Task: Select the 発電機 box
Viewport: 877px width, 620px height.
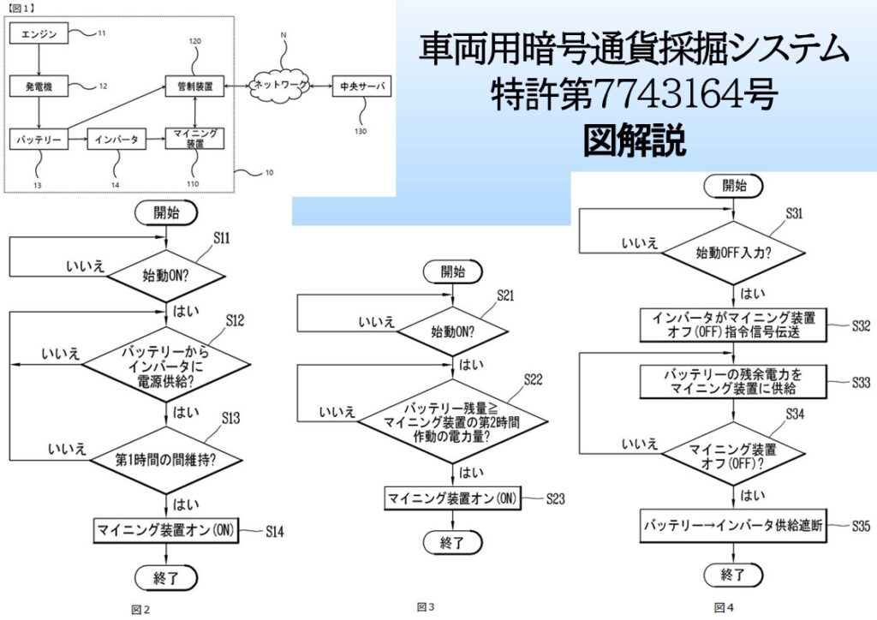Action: [37, 86]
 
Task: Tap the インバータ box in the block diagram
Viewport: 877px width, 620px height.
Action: [116, 138]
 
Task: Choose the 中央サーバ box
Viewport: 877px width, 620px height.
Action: [361, 86]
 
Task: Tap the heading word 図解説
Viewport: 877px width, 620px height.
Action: [635, 140]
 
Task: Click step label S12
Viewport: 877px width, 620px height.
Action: [236, 320]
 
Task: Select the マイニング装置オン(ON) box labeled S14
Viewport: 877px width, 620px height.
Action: [165, 529]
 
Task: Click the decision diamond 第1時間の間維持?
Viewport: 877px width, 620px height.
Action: [165, 459]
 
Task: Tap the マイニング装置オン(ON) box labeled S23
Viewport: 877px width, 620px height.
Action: [452, 498]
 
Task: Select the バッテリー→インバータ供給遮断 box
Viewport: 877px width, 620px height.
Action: [733, 527]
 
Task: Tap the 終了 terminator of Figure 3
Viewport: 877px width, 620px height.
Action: [452, 542]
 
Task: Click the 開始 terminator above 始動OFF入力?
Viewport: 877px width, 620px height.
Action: [734, 185]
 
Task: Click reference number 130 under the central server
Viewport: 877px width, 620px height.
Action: [361, 131]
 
